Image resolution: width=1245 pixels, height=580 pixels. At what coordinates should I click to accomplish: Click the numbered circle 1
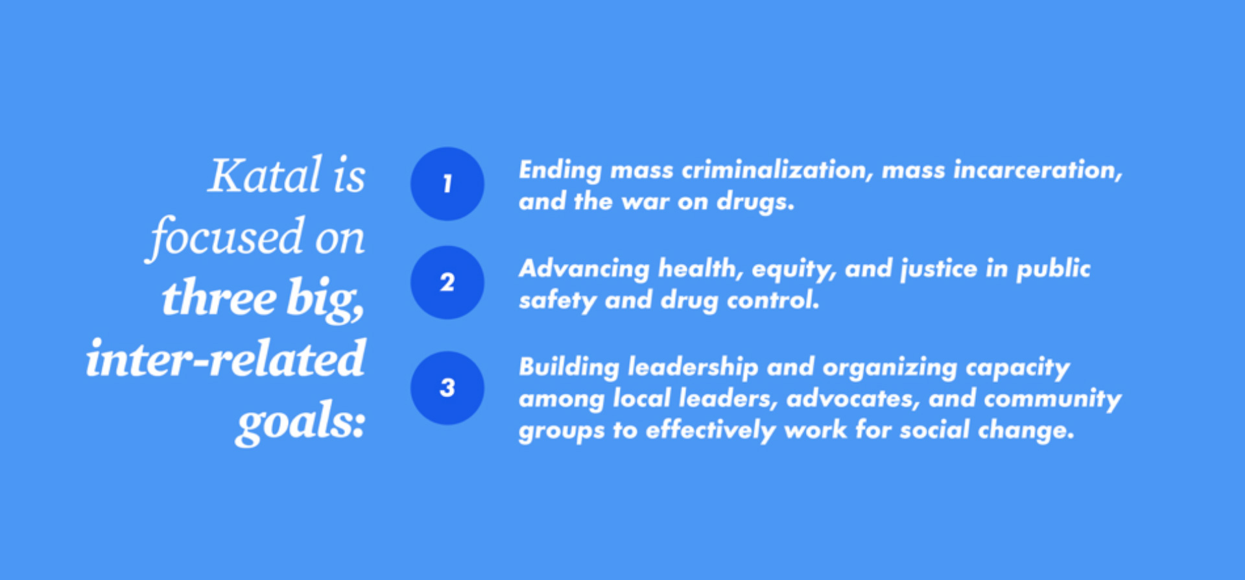447,184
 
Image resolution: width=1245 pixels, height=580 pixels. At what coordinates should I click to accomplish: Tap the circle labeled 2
447,282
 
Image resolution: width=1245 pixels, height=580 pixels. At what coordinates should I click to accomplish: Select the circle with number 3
447,388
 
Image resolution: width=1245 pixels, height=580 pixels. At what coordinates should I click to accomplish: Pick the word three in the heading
219,298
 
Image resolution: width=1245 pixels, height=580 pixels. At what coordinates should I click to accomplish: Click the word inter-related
226,359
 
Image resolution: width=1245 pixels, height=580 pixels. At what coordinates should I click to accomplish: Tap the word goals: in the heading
301,422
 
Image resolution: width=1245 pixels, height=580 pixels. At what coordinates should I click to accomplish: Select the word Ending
560,171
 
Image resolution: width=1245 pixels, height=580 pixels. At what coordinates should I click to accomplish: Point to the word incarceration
1037,170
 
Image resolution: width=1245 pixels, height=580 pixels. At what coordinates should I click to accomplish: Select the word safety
557,301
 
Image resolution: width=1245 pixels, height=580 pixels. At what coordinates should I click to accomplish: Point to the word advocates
853,399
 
